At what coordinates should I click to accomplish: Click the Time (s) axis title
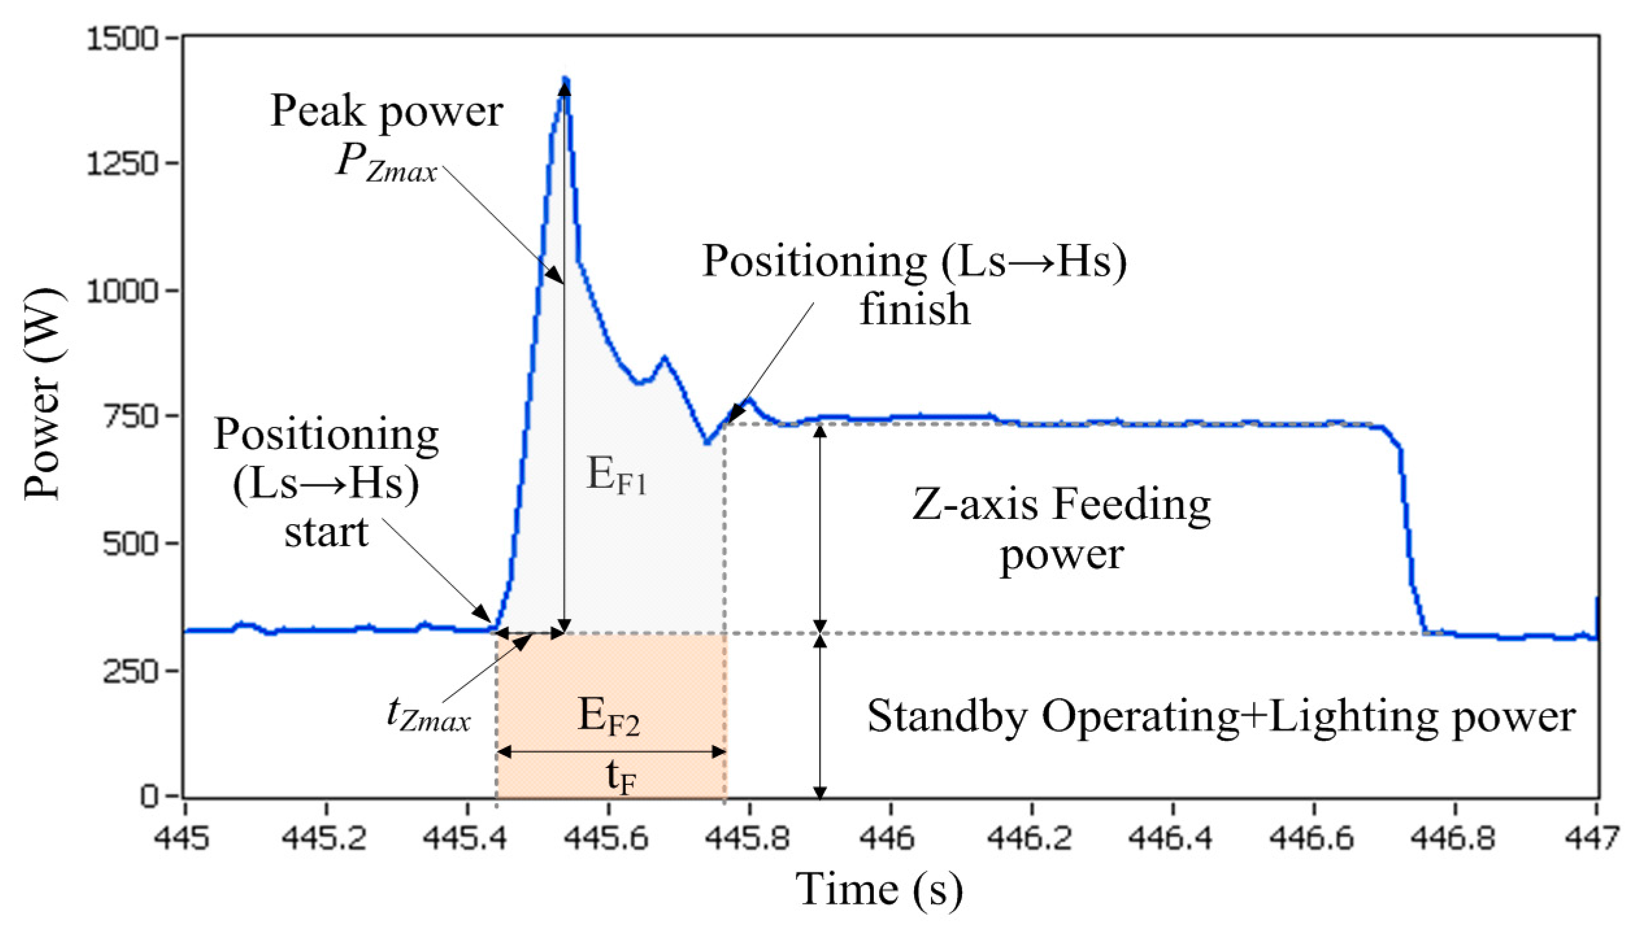pyautogui.click(x=879, y=889)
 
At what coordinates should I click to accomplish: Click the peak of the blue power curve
pyautogui.click(x=565, y=80)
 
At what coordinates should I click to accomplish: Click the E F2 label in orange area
pyautogui.click(x=609, y=718)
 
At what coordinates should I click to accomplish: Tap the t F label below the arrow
pyautogui.click(x=620, y=778)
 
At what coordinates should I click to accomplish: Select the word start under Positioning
pyautogui.click(x=327, y=533)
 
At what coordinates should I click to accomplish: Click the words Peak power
pyautogui.click(x=386, y=112)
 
